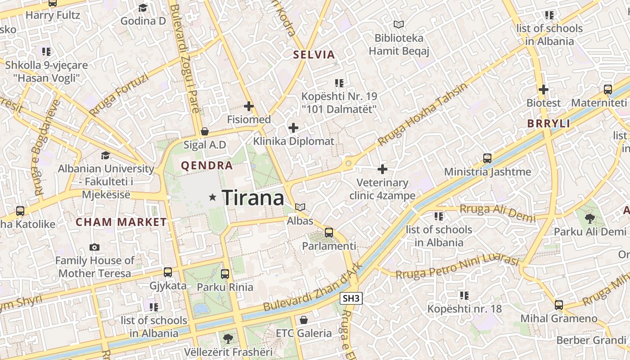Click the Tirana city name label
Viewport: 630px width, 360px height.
pos(253,198)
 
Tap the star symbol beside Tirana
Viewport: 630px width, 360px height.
pos(213,197)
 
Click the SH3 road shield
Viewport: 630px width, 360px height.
pos(351,298)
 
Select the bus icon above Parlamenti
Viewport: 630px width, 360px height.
pos(329,233)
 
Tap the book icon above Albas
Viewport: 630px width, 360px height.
pos(300,207)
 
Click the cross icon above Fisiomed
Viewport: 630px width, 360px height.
pos(248,107)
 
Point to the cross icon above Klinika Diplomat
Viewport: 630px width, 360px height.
pos(293,128)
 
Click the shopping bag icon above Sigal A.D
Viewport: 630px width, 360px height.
pos(205,131)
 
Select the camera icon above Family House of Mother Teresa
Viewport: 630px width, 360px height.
pos(94,247)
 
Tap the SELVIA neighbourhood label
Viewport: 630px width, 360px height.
pos(314,55)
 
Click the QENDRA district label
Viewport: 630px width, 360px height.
pos(207,166)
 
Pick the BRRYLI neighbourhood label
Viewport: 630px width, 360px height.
pos(549,124)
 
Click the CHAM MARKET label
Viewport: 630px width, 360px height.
pos(121,222)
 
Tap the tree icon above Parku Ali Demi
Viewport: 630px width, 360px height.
pos(589,219)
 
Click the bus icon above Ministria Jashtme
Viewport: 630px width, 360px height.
pos(487,158)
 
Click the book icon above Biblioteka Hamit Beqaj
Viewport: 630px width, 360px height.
pos(399,24)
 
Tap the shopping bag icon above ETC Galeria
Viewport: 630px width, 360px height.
pos(304,320)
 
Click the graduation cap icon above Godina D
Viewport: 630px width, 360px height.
pos(143,8)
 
